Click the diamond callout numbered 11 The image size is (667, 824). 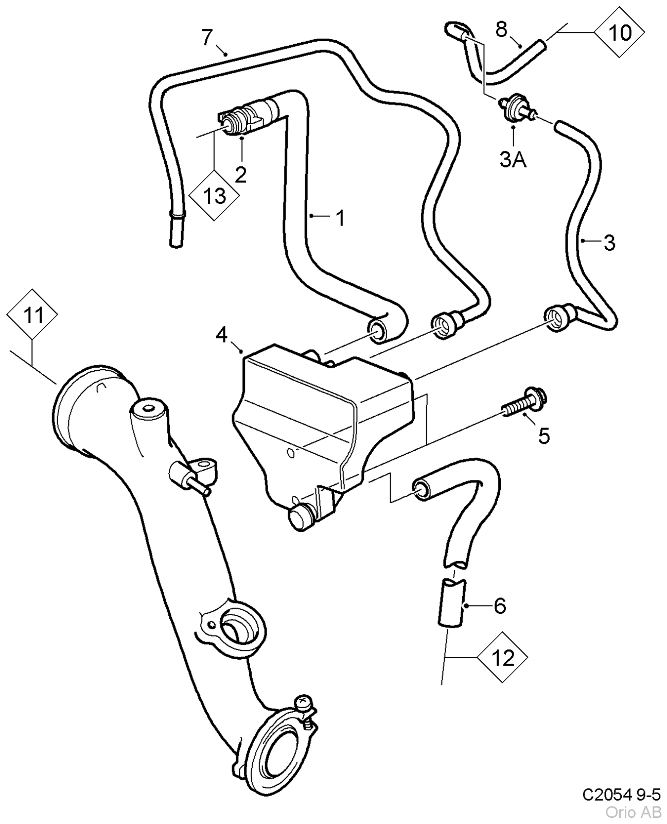pyautogui.click(x=33, y=315)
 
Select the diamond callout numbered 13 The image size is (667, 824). pyautogui.click(x=214, y=196)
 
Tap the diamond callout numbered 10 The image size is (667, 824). pyautogui.click(x=619, y=32)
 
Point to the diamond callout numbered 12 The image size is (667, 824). pyautogui.click(x=502, y=657)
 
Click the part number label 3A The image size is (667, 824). pyautogui.click(x=513, y=160)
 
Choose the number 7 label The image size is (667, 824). pyautogui.click(x=207, y=37)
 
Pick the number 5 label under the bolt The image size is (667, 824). pyautogui.click(x=544, y=436)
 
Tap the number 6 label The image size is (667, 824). pyautogui.click(x=499, y=606)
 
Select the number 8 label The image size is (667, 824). pyautogui.click(x=501, y=29)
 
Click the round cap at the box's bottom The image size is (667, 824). pyautogui.click(x=300, y=517)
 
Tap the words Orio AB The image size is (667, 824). pyautogui.click(x=633, y=813)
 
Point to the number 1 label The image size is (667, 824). pyautogui.click(x=340, y=218)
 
